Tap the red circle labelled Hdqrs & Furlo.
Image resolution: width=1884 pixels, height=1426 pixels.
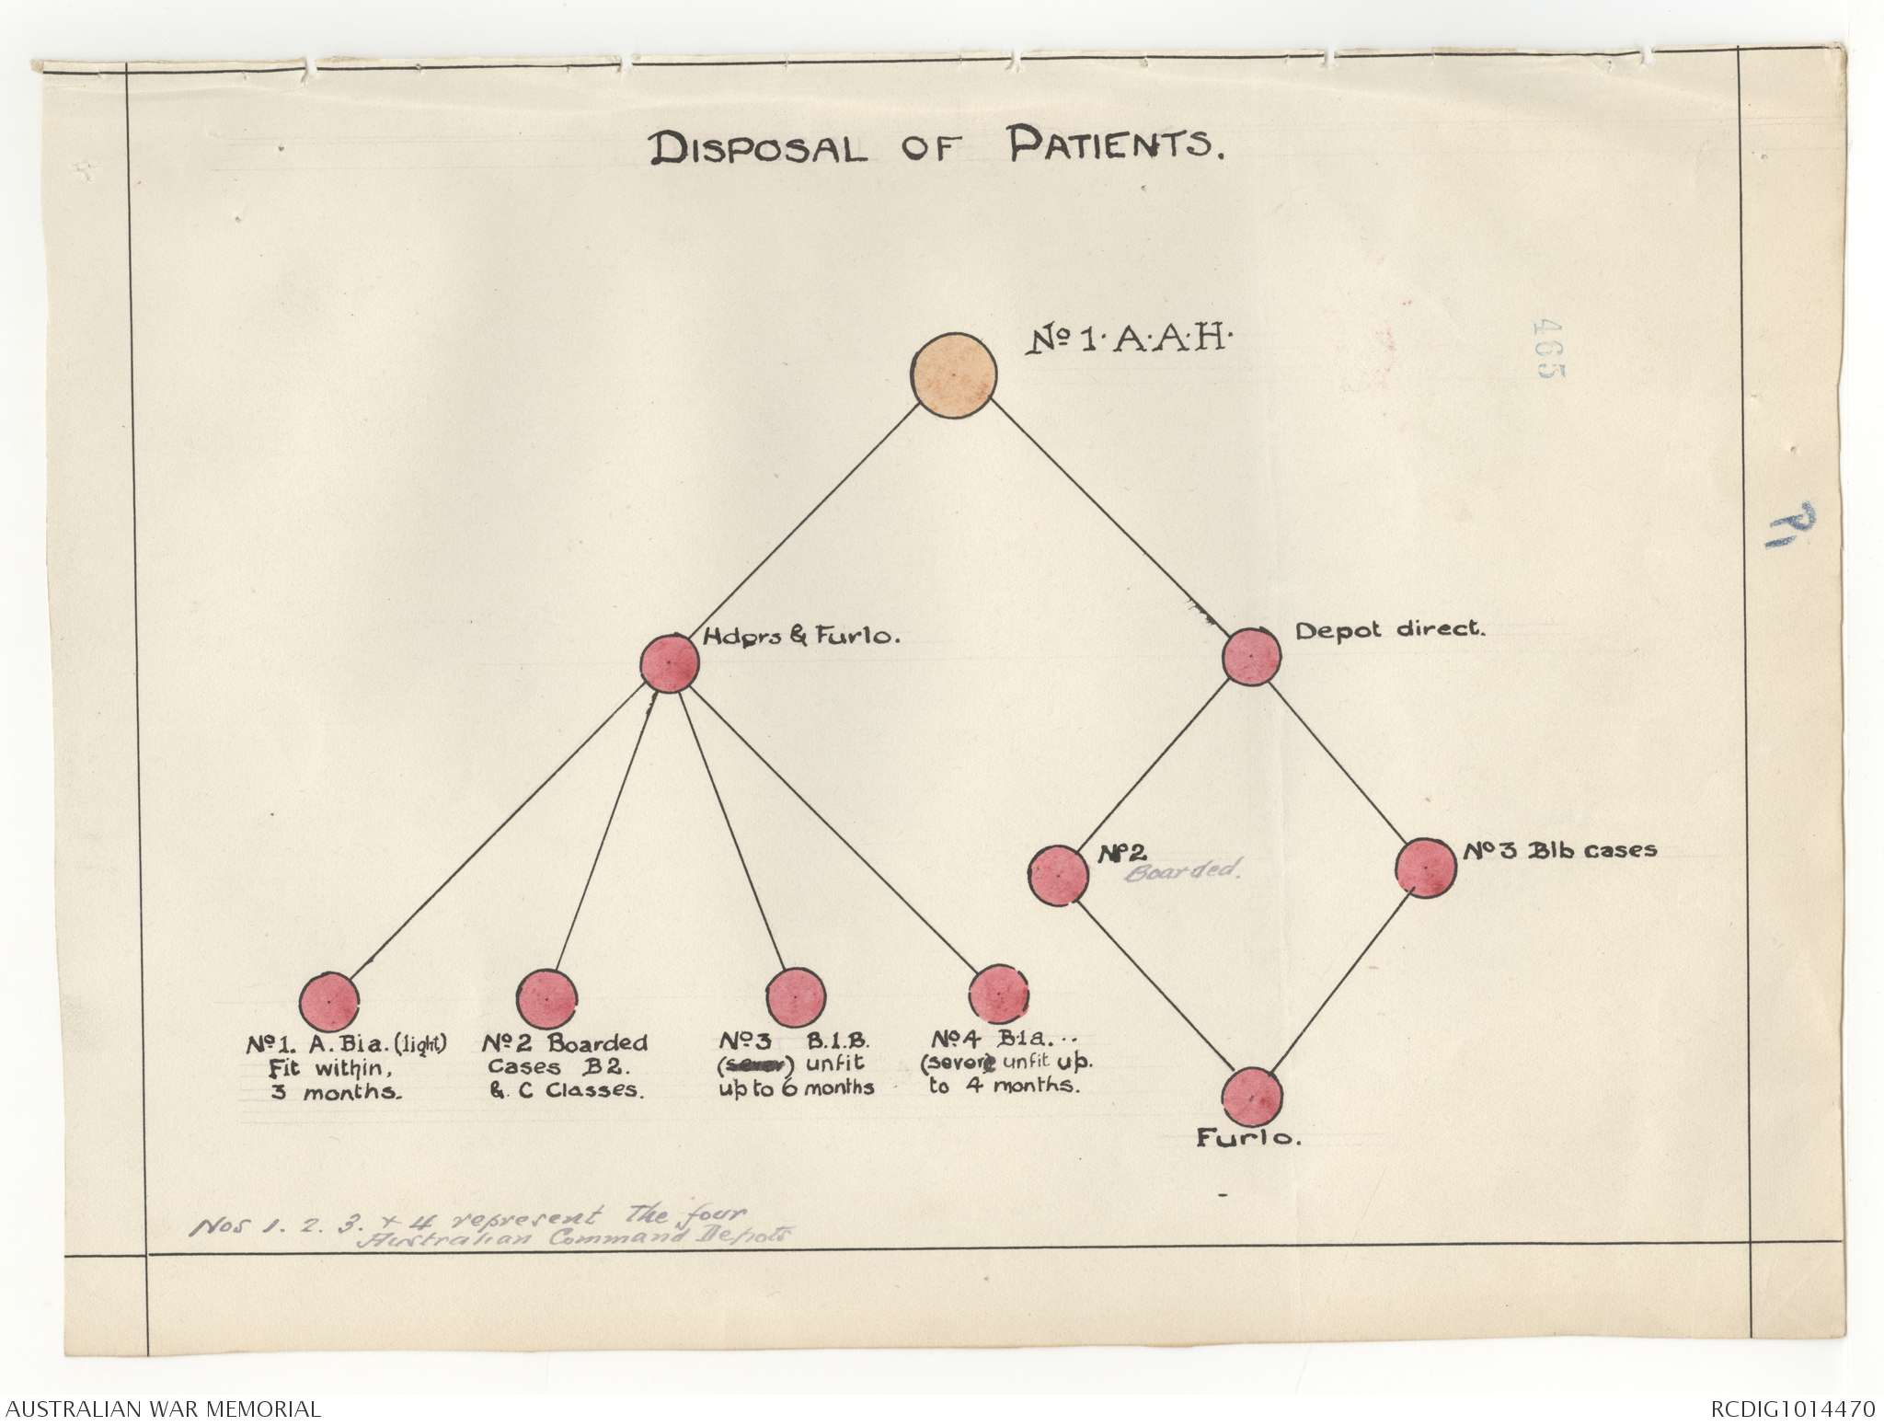669,663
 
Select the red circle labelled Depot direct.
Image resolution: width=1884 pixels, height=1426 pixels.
1251,657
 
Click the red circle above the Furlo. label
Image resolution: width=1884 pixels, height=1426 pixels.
1251,1097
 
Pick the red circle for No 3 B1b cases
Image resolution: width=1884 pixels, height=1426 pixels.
1425,868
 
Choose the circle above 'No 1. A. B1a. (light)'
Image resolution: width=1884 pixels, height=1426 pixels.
329,1001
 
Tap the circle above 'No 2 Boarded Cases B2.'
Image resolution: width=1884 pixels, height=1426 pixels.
547,998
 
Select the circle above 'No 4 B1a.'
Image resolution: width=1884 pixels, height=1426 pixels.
999,995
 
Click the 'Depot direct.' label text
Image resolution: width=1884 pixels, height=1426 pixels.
1390,631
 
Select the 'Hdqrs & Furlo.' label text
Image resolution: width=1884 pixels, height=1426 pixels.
801,636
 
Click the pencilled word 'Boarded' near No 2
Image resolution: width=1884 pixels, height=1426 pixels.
1183,869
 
